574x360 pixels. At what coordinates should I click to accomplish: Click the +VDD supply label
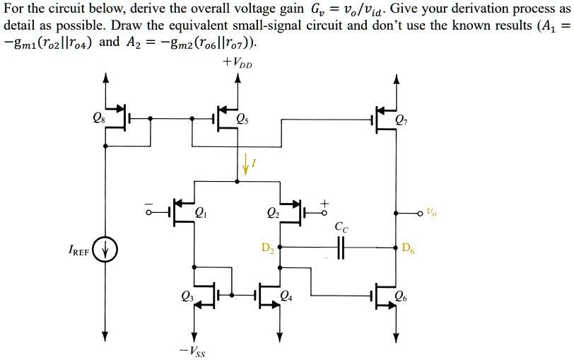point(238,64)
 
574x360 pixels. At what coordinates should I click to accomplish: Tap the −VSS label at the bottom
point(192,350)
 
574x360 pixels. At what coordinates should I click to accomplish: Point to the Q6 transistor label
point(401,296)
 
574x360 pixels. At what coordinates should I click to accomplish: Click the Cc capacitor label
point(342,228)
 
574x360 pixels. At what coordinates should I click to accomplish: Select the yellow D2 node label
point(267,248)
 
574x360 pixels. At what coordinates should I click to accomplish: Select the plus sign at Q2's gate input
point(324,202)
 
